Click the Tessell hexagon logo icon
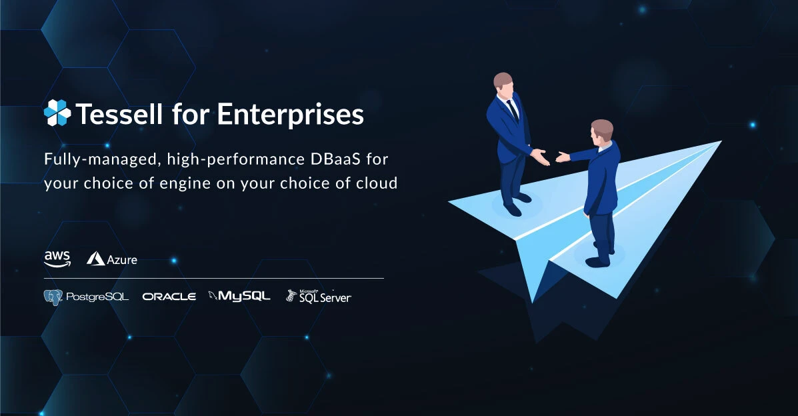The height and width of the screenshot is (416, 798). tap(57, 113)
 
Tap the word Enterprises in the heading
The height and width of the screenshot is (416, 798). tap(291, 115)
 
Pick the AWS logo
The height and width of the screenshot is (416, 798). tap(57, 259)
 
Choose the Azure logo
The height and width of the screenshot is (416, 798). tap(112, 259)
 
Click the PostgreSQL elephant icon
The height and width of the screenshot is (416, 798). tap(53, 297)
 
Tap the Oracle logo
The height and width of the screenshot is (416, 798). tap(169, 296)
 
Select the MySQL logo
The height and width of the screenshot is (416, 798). tap(239, 296)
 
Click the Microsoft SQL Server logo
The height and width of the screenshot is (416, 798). tap(319, 296)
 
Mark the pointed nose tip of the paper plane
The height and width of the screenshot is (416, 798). tap(720, 142)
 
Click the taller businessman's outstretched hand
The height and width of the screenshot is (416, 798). tap(542, 157)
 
